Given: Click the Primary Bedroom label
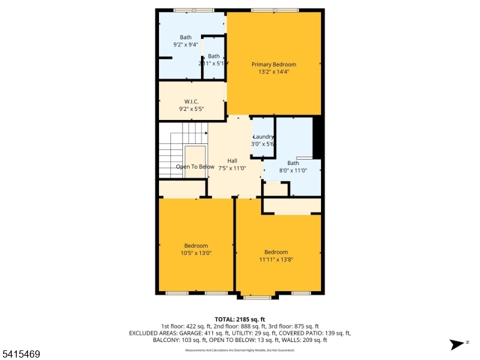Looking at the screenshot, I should [x=274, y=64].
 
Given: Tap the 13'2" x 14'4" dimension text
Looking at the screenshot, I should [x=274, y=72].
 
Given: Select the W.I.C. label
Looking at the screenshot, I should [x=191, y=101].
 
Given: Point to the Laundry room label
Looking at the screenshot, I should [x=263, y=137].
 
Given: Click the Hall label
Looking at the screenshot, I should [x=232, y=161].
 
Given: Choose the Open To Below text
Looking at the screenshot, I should [x=195, y=167].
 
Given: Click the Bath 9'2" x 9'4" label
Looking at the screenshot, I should [x=185, y=37].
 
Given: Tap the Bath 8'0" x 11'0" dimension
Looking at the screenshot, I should [x=293, y=171].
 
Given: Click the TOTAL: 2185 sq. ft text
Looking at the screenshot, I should [x=240, y=319].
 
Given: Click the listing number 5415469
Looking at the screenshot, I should [x=21, y=355].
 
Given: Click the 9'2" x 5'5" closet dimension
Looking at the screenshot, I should [x=191, y=109].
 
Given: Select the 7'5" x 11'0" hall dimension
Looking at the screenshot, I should [x=232, y=169].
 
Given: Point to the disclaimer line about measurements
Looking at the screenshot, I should [x=240, y=350].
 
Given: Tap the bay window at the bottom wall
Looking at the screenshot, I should [x=257, y=296].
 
